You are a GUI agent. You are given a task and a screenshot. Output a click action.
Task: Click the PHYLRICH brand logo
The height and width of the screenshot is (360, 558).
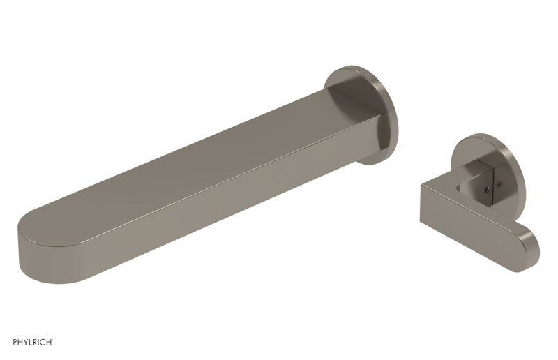tap(33, 342)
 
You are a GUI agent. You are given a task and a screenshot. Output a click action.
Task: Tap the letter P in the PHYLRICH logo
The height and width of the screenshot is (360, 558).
tap(15, 342)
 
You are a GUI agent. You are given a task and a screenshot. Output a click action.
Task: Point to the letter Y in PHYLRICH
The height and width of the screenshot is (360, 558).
tap(25, 342)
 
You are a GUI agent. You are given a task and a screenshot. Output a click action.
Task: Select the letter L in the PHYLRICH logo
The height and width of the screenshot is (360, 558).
tap(29, 342)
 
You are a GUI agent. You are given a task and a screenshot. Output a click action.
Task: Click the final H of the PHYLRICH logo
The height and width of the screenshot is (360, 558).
tap(49, 342)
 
